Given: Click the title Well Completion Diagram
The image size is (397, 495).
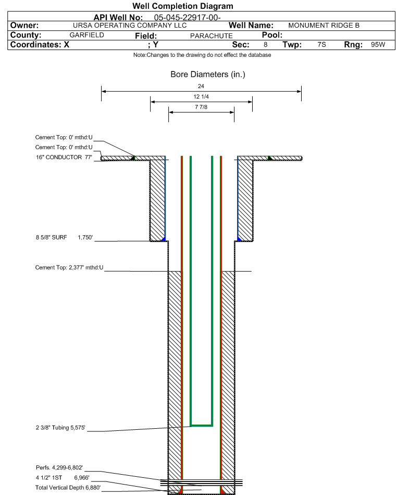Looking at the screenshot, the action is point(183,6).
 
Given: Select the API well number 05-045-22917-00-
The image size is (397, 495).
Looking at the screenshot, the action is point(188,17).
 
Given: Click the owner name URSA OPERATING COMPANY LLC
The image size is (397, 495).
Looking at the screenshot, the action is point(130,26).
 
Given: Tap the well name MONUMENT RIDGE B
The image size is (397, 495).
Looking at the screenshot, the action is point(324,26).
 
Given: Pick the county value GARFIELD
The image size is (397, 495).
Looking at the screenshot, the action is point(86,35).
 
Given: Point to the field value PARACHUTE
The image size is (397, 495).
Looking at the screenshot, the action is point(212,36).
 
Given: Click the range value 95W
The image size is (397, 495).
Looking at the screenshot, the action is point(378,44).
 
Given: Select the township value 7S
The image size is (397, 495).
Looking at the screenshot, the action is point(321,44).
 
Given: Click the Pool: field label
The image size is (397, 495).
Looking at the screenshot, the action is point(272,35).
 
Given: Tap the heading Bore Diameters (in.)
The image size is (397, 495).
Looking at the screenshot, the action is point(208,75).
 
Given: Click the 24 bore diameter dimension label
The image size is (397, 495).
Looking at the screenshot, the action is point(201,86).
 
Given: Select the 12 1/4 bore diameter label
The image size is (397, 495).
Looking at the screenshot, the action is point(201,96).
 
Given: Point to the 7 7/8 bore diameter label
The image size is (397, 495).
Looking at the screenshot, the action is point(201,107).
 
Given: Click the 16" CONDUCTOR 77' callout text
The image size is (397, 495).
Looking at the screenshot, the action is point(64,157).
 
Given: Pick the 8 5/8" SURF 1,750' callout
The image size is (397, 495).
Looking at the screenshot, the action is point(64,237).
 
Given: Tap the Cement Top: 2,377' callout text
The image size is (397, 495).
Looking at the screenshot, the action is point(69,268).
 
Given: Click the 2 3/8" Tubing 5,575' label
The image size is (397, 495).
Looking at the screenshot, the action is point(60,428).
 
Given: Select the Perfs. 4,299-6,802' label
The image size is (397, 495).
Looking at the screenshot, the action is point(59,467).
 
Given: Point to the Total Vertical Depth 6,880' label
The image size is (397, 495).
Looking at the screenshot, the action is point(68,488).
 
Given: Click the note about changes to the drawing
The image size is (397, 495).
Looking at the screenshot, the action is point(202,55).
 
